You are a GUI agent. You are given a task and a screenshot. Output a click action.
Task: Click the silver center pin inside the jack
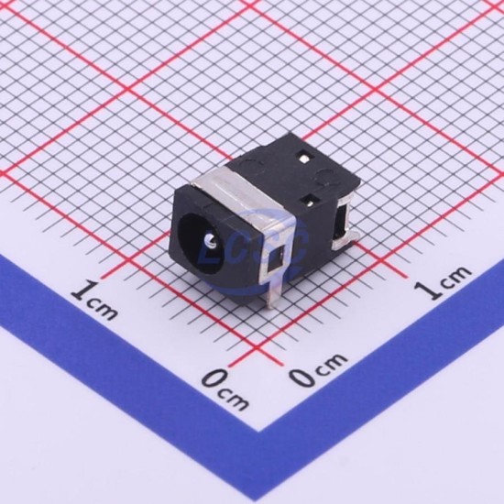click(210, 241)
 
